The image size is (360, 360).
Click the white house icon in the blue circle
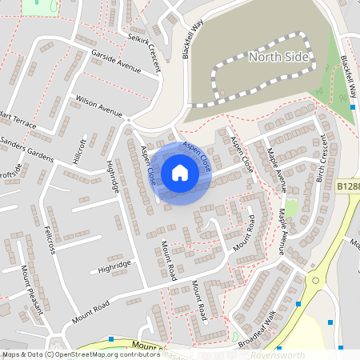pyautogui.click(x=180, y=173)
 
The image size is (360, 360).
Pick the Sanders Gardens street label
pyautogui.click(x=25, y=143)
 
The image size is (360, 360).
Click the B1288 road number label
pyautogui.click(x=348, y=186)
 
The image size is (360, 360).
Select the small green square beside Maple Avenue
pyautogui.click(x=292, y=208)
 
